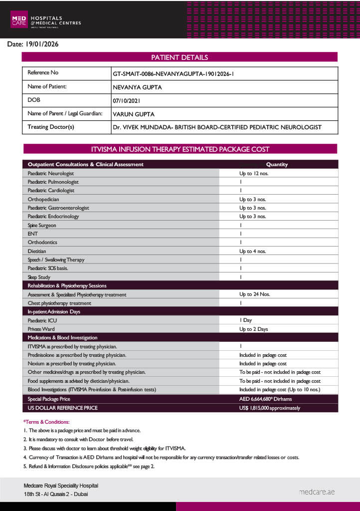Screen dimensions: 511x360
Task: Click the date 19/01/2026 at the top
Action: point(33,44)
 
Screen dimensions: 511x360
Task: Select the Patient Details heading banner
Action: point(180,57)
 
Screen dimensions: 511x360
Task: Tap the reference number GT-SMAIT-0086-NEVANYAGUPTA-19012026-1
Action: point(174,73)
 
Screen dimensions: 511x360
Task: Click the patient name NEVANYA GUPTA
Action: point(137,87)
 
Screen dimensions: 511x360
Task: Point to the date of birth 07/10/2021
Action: point(128,100)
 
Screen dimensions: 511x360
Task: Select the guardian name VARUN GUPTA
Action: point(134,114)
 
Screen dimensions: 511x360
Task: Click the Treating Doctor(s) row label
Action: point(51,127)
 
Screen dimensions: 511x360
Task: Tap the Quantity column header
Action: point(277,164)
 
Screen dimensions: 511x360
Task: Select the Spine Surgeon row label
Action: point(42,225)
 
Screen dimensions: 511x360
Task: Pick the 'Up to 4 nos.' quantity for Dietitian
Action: point(252,251)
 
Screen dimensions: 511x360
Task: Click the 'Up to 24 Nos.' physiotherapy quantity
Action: point(254,294)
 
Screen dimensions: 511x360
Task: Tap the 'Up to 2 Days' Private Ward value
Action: point(253,329)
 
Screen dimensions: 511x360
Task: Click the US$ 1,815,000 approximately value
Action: point(269,408)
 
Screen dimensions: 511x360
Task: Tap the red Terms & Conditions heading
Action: point(46,422)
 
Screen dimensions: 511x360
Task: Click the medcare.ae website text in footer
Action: point(317,492)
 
